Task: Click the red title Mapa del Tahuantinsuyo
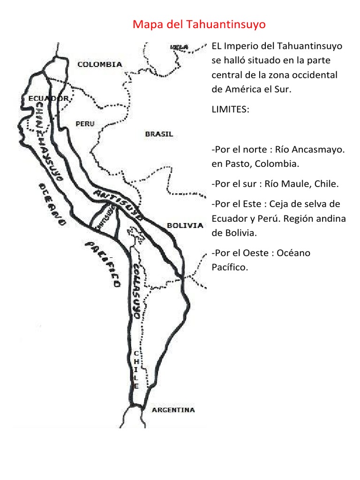(199, 24)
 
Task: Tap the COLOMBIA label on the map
(99, 65)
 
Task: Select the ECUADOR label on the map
(48, 98)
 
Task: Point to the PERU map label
(85, 124)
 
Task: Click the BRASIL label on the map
(159, 134)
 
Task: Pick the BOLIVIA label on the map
(185, 225)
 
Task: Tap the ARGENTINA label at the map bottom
(173, 410)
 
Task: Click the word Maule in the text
(293, 184)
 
